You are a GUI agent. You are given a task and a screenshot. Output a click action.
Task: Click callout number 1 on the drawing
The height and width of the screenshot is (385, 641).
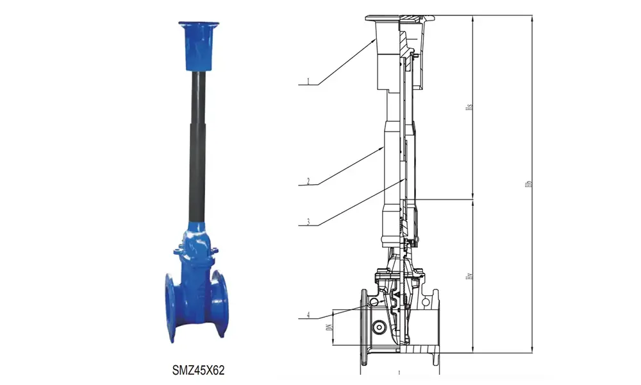pos(308,82)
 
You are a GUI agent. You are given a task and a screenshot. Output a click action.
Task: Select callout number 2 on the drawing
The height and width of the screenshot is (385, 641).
pos(308,182)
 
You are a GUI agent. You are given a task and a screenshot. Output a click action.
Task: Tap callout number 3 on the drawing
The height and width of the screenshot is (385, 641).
pos(308,223)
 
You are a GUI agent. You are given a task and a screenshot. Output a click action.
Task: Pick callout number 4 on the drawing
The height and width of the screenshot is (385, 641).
pos(308,315)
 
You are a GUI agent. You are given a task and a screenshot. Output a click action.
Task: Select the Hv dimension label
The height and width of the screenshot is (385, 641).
pos(469,276)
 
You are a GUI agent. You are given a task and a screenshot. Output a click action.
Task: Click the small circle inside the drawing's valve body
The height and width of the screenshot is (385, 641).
pos(379,328)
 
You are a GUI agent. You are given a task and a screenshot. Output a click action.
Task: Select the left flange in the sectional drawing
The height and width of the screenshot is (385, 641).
pos(363,327)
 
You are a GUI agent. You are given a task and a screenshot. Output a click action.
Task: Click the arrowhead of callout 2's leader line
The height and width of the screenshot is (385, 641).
pos(384,146)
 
